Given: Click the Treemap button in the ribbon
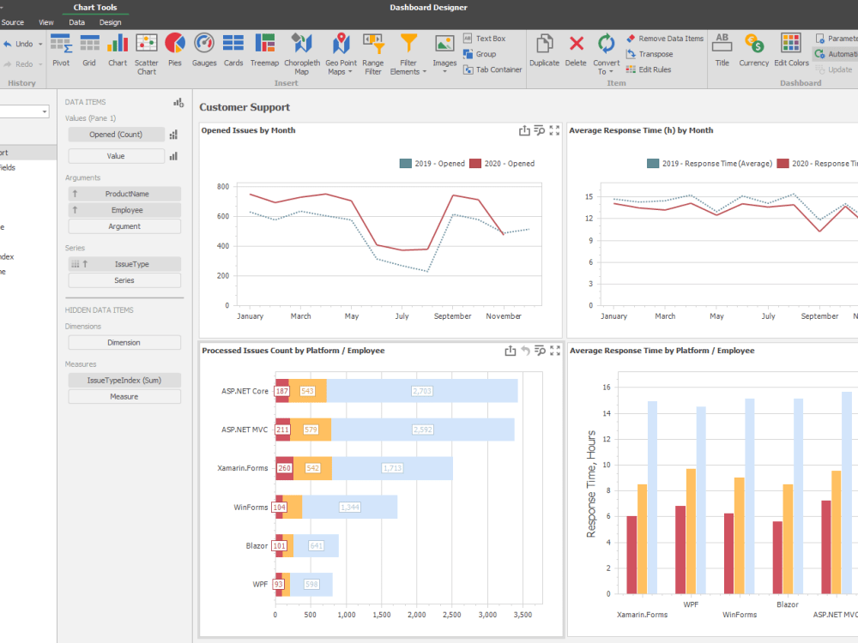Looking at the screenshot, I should (264, 49).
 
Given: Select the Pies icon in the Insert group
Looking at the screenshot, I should (175, 49).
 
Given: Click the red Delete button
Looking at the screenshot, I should (577, 49).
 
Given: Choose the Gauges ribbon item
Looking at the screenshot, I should (204, 49).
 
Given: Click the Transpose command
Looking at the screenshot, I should (655, 54).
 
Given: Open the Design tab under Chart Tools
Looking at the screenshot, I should (110, 22).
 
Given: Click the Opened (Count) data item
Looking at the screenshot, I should (116, 135).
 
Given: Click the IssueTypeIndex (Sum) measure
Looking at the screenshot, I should (124, 380).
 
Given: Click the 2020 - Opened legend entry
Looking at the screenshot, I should (502, 164).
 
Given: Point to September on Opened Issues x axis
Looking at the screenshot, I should (452, 316).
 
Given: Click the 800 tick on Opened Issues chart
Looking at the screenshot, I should (222, 186).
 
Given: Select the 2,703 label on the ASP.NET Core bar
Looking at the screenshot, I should (422, 391).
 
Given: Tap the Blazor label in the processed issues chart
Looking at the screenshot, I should (255, 545).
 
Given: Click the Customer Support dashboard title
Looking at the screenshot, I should (245, 107).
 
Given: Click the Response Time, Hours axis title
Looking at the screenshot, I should (590, 495).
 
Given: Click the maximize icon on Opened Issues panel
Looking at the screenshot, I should (554, 130).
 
